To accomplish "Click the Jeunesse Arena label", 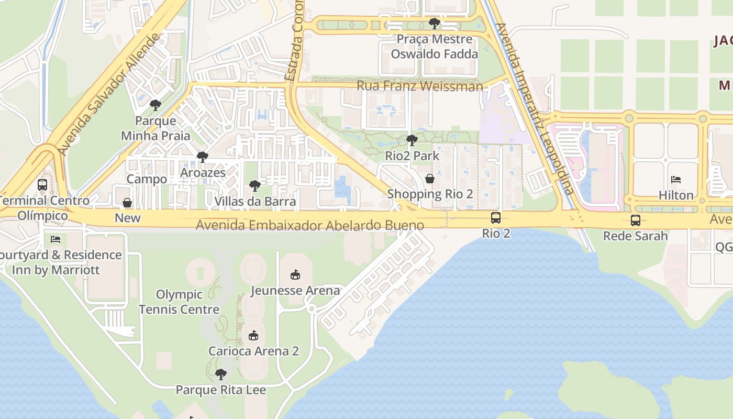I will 295,290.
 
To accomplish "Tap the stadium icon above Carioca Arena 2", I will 253,335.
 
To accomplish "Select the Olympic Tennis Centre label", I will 179,302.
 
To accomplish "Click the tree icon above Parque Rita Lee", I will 221,374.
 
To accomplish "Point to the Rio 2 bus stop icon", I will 495,218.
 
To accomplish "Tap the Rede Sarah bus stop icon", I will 635,220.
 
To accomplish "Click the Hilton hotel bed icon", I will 676,180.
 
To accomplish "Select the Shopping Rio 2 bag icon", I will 430,179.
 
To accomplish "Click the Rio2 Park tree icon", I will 412,140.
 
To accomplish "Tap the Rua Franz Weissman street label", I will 419,86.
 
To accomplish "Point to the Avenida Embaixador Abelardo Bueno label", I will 310,226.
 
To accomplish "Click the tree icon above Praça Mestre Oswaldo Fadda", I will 434,23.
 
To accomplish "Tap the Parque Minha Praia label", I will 156,128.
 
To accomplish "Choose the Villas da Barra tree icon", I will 255,185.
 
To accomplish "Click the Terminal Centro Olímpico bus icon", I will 42,184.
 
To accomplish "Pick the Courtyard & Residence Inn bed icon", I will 55,239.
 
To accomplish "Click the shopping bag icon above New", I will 127,203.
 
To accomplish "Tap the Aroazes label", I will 203,172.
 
